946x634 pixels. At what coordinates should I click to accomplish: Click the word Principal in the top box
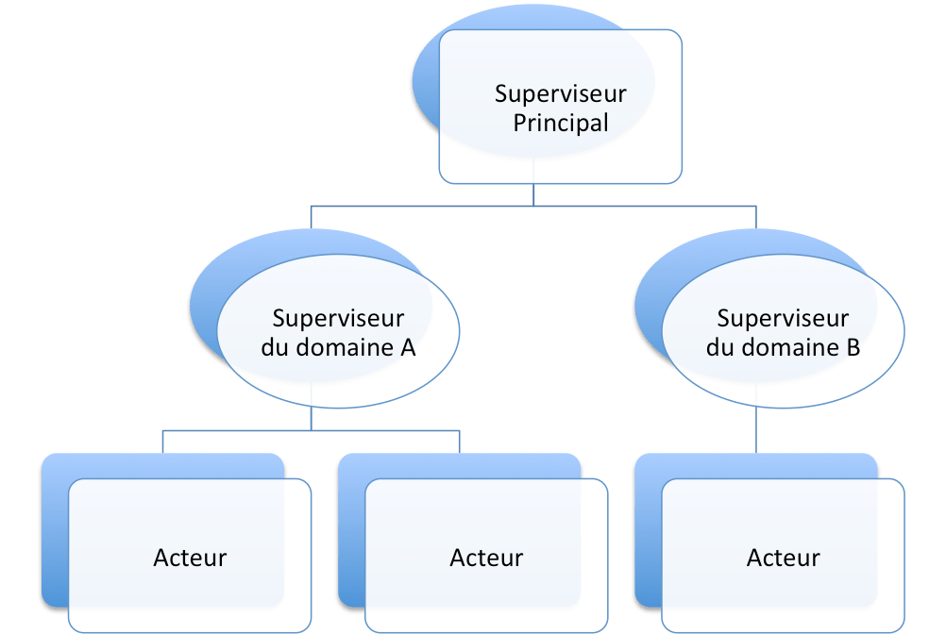pos(560,124)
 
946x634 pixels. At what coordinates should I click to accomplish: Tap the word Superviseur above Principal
pos(560,93)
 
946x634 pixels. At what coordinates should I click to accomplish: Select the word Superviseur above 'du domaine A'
pos(338,318)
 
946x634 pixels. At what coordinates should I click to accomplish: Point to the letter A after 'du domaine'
pos(407,347)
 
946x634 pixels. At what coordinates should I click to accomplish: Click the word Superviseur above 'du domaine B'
pos(783,318)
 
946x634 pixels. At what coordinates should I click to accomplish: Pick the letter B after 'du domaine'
pos(852,347)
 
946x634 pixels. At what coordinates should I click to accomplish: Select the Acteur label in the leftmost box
pos(190,558)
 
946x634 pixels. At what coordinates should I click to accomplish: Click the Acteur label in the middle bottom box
pos(486,558)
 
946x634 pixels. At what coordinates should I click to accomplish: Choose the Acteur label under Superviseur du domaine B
pos(783,558)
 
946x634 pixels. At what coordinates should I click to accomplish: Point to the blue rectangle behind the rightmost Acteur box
pos(648,528)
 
